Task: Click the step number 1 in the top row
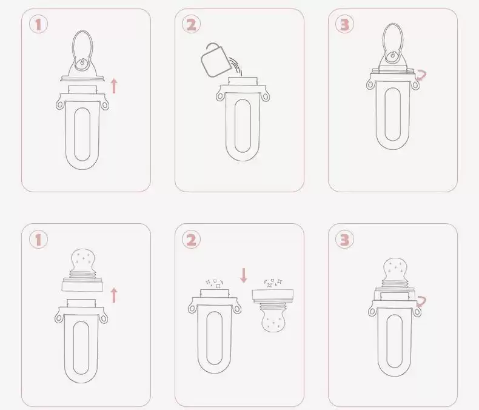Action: pyautogui.click(x=38, y=24)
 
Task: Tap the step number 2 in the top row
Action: pyautogui.click(x=191, y=24)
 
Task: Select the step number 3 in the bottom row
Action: pyautogui.click(x=344, y=239)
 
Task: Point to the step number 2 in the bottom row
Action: pyautogui.click(x=191, y=239)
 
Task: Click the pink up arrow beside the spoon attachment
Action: pyautogui.click(x=114, y=86)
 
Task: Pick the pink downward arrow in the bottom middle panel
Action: pyautogui.click(x=244, y=275)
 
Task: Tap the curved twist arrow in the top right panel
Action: pyautogui.click(x=421, y=75)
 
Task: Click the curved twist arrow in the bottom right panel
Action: pyautogui.click(x=421, y=301)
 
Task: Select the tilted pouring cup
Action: pyautogui.click(x=216, y=62)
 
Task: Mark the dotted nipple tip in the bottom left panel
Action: pyautogui.click(x=82, y=260)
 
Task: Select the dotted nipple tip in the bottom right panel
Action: pyautogui.click(x=395, y=269)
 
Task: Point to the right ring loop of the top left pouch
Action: pyautogui.click(x=105, y=106)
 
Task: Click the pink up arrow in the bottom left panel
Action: pyautogui.click(x=114, y=295)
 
